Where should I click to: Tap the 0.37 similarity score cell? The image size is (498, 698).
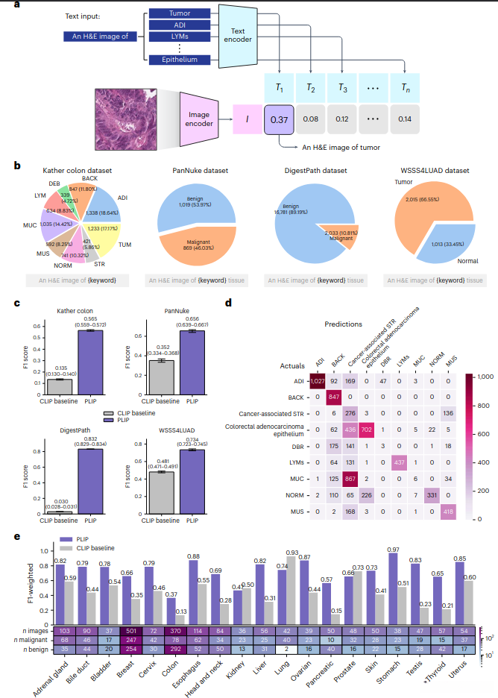280,119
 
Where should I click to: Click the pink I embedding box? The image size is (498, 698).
245,119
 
